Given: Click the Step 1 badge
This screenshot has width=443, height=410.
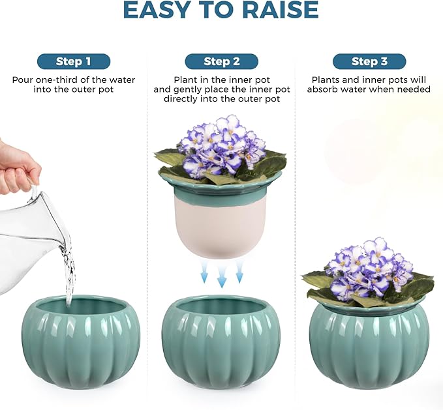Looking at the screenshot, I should click(73, 61).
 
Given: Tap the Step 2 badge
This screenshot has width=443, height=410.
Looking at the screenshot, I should click(221, 61).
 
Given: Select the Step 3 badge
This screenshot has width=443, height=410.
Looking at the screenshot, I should click(369, 61).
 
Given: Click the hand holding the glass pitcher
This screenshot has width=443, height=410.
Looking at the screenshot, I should click(16, 166).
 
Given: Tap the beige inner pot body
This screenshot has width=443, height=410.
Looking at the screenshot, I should click(221, 225).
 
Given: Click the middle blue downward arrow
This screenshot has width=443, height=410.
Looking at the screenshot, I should click(222, 274).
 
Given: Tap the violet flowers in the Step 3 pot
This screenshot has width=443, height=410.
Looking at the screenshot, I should click(369, 267).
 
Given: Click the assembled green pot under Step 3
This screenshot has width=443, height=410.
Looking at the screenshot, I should click(369, 345).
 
